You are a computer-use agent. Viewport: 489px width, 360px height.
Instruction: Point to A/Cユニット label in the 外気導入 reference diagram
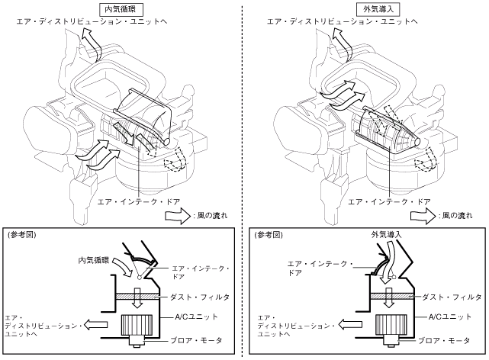pos(442,317)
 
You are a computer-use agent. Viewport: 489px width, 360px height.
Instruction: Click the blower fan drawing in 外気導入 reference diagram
pos(385,329)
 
